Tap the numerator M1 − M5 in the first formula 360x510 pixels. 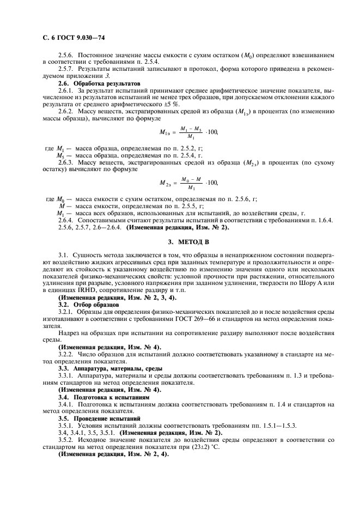click(191, 129)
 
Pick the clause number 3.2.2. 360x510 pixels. click(67, 354)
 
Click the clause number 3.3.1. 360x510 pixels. click(67, 376)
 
